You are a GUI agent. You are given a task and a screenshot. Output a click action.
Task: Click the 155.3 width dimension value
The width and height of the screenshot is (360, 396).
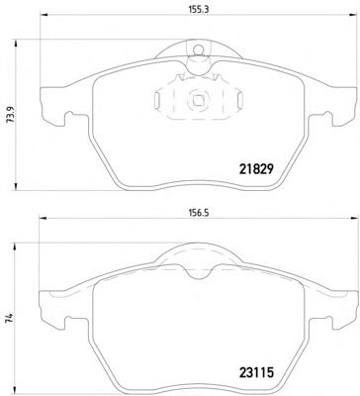(199, 9)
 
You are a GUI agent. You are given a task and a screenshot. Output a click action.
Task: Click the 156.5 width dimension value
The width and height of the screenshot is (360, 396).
(199, 213)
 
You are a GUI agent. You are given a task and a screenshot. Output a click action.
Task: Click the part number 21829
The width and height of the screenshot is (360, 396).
(255, 169)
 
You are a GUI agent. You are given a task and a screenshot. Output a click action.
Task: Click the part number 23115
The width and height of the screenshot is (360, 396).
(256, 373)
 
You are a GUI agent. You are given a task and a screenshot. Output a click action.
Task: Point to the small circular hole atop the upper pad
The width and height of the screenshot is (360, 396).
(199, 50)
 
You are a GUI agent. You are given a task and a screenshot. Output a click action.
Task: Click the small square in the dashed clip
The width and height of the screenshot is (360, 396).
(198, 100)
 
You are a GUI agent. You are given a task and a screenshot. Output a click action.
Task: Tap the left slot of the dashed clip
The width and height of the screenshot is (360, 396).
(157, 99)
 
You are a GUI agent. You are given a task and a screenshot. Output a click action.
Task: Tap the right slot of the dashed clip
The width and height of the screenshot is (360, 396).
(240, 99)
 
